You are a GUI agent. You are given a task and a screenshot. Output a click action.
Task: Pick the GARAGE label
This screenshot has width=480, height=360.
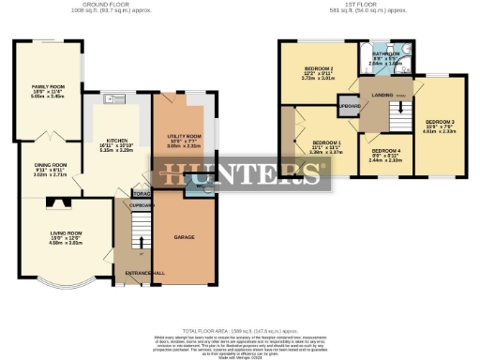point(184,238)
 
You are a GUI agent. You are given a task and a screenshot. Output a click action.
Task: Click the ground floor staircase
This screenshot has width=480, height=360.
point(139,229)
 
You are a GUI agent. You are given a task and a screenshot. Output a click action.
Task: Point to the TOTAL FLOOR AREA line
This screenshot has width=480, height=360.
point(239,330)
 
